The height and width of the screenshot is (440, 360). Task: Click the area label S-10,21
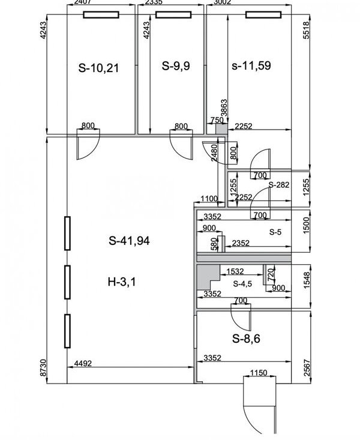pyautogui.click(x=98, y=68)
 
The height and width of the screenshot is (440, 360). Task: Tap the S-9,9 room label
pyautogui.click(x=176, y=66)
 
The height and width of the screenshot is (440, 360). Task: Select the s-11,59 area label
pyautogui.click(x=251, y=65)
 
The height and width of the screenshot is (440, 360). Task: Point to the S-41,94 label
pyautogui.click(x=129, y=241)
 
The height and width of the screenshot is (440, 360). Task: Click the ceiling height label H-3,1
pyautogui.click(x=122, y=282)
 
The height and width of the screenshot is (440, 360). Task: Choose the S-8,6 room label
pyautogui.click(x=246, y=339)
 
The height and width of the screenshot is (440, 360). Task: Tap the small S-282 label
pyautogui.click(x=279, y=185)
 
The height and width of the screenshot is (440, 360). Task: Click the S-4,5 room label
pyautogui.click(x=242, y=284)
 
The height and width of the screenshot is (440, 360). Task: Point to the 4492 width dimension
pyautogui.click(x=83, y=363)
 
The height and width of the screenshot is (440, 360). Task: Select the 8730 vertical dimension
pyautogui.click(x=43, y=368)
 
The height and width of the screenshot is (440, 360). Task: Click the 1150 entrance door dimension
pyautogui.click(x=259, y=373)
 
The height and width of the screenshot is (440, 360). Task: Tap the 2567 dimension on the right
pyautogui.click(x=307, y=368)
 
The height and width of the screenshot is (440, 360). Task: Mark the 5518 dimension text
pyautogui.click(x=307, y=30)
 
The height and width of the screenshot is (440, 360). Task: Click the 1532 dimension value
pyautogui.click(x=235, y=271)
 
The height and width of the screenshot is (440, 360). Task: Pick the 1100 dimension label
pyautogui.click(x=209, y=199)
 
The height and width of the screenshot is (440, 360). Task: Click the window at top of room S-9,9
pyautogui.click(x=173, y=14)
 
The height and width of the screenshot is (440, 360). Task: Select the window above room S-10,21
pyautogui.click(x=101, y=14)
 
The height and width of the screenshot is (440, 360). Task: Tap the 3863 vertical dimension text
pyautogui.click(x=224, y=108)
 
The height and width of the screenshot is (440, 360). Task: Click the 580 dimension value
pyautogui.click(x=214, y=244)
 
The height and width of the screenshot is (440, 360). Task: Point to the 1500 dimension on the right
pyautogui.click(x=307, y=225)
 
